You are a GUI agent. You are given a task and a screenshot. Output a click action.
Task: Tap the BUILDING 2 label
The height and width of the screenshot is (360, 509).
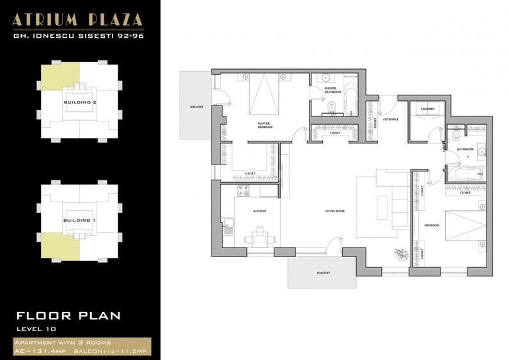point(79,102)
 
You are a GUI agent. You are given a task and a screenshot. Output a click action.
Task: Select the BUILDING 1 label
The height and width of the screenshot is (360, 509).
point(79,221)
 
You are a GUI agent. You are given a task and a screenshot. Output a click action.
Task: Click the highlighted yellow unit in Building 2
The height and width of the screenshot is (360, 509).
point(59,77)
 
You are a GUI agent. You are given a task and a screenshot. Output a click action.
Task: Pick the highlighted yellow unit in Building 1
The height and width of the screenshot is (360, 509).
point(59,246)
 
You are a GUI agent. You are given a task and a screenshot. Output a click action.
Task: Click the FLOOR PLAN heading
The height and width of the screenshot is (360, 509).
point(68,315)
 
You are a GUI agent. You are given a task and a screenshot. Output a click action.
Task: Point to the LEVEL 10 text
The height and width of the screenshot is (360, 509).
point(38,329)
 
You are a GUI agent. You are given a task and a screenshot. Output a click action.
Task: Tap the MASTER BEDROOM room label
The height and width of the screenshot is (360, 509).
point(265,125)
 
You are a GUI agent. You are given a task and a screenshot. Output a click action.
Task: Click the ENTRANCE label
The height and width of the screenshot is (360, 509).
point(391,119)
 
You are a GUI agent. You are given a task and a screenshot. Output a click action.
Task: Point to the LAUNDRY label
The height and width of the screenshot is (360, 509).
point(427,109)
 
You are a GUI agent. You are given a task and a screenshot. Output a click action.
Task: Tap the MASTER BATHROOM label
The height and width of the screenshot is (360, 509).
point(333,90)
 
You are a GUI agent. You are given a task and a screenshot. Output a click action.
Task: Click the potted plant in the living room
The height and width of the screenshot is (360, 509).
point(401,254)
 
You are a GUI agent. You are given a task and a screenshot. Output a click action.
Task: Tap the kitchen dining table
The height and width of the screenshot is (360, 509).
point(260,237)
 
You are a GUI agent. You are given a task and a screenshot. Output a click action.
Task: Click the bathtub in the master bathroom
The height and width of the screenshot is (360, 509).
point(351,98)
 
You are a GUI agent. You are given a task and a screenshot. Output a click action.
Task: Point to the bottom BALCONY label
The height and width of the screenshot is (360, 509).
point(323,273)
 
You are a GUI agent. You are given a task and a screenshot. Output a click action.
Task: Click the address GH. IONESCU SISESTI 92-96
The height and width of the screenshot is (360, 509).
point(79,36)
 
